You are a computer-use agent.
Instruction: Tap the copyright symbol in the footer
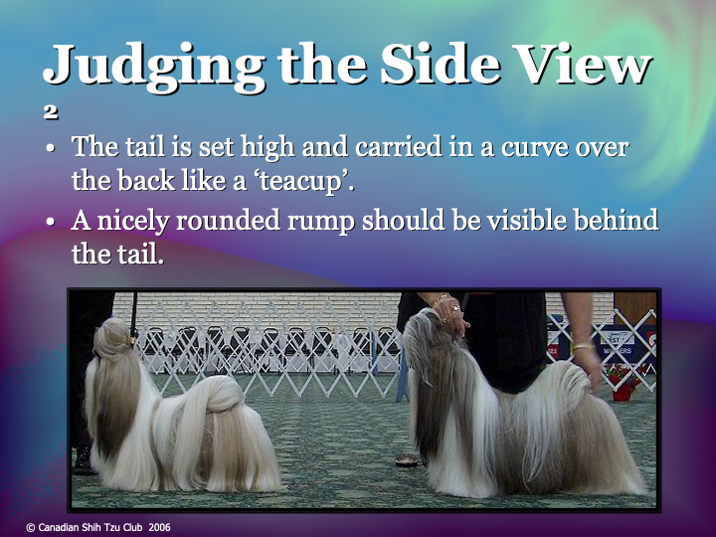[31, 527]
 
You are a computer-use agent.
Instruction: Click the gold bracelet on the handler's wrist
[580, 347]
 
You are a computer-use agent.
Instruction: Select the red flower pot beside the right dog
[625, 383]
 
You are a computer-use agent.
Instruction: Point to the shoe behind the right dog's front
[408, 459]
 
